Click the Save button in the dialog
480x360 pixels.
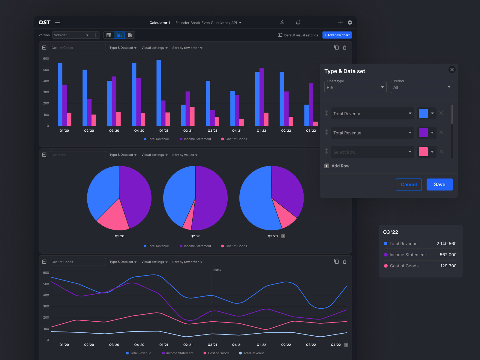tap(439, 184)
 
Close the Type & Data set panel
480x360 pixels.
tap(452, 70)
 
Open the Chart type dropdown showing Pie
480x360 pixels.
tap(355, 87)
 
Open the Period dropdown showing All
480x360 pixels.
tap(421, 87)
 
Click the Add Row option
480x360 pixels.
tap(337, 166)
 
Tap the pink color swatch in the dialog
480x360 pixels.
tap(423, 152)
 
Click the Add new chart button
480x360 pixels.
tap(337, 35)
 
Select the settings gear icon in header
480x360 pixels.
tap(350, 22)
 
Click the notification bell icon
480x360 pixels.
tap(298, 22)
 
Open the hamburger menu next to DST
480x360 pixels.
tap(58, 22)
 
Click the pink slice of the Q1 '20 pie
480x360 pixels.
tap(112, 217)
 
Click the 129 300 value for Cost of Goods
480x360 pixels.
tap(448, 266)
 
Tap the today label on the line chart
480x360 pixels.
tap(217, 270)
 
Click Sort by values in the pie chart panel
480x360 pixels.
tap(185, 155)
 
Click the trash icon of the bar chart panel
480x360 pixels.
tap(345, 48)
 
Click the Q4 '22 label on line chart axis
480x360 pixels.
tap(336, 345)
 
